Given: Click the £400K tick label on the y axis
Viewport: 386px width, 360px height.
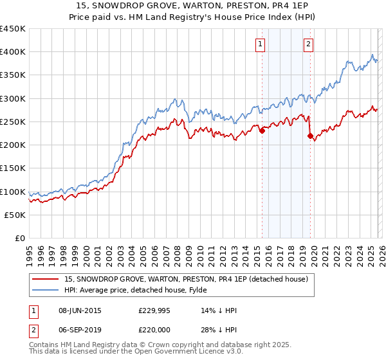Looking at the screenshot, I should tap(12, 52).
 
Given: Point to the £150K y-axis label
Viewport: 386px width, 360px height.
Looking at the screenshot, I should tap(12, 168).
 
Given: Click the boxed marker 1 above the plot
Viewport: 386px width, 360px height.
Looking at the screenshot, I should tap(261, 44).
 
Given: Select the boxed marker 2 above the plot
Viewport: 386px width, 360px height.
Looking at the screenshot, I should tap(309, 44).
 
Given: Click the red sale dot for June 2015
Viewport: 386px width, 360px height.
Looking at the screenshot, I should tap(262, 131).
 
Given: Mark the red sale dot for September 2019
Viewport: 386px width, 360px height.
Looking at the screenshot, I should tap(310, 136).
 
